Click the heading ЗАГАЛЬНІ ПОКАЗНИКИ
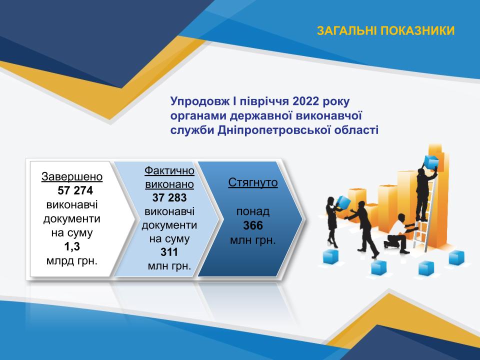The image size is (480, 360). [385, 31]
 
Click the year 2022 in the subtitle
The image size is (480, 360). [306, 101]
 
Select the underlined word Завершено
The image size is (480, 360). [72, 176]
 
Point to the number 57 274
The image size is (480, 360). [75, 190]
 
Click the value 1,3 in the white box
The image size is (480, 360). [72, 246]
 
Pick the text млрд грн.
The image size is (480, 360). [72, 261]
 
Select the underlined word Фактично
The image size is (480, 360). [169, 170]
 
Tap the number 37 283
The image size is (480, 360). [169, 198]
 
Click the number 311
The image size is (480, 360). [169, 252]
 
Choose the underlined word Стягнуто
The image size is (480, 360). [253, 182]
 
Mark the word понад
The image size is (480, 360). [253, 211]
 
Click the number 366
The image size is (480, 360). [253, 225]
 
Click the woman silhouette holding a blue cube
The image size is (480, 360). [333, 221]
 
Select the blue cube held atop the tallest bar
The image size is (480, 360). [431, 161]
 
